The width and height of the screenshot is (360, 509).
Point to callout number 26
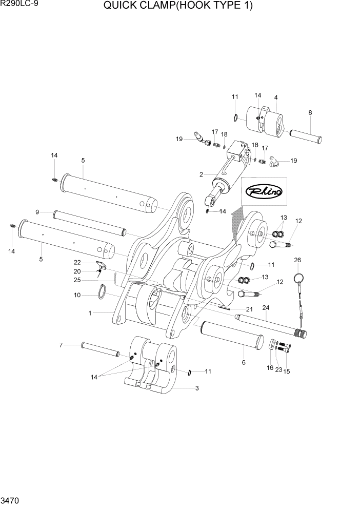click(x=297, y=260)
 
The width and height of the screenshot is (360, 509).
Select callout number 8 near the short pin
click(x=310, y=112)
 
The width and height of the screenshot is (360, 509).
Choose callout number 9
click(x=37, y=212)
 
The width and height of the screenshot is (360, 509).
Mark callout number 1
click(x=90, y=313)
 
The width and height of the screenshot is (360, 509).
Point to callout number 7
click(x=61, y=345)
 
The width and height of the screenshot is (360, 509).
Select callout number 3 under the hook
click(x=196, y=388)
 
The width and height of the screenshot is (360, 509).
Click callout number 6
click(x=244, y=362)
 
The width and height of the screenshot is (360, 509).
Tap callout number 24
click(x=266, y=308)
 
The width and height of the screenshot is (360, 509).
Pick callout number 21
click(x=249, y=309)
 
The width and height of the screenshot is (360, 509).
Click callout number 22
click(x=77, y=262)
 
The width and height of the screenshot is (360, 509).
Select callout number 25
click(x=77, y=280)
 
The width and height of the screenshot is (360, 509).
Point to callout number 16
click(x=270, y=368)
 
